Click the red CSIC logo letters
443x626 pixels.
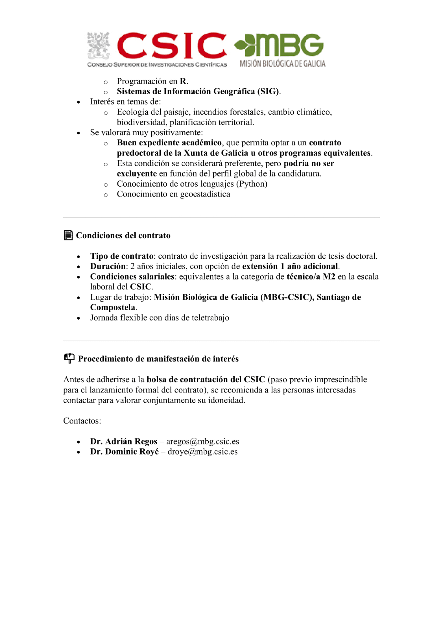click(172, 46)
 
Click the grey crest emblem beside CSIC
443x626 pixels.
click(99, 46)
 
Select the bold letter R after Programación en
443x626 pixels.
click(183, 81)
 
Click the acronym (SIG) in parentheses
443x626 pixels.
click(268, 91)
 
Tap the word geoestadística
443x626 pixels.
click(205, 194)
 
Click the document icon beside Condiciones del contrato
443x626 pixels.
click(68, 235)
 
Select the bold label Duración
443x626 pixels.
click(108, 266)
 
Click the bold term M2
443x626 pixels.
click(329, 277)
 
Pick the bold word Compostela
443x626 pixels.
click(113, 307)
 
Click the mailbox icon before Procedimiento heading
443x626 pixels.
click(69, 358)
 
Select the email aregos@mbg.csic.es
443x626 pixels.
click(202, 441)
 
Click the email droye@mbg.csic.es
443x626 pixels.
click(202, 452)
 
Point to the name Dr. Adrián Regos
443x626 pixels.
click(123, 441)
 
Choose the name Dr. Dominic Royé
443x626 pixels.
click(124, 452)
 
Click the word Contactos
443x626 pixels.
click(82, 421)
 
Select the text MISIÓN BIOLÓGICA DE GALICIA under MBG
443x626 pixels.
click(283, 64)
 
